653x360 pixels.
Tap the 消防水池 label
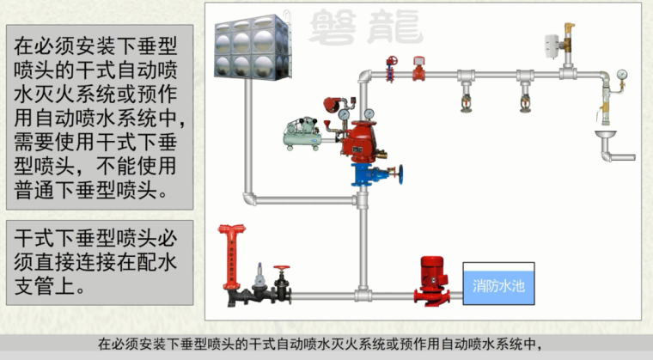(498, 285)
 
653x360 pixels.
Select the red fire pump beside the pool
(430, 278)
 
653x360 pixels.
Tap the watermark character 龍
(397, 24)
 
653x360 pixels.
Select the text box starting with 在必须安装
(100, 115)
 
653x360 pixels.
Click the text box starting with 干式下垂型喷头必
(100, 259)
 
